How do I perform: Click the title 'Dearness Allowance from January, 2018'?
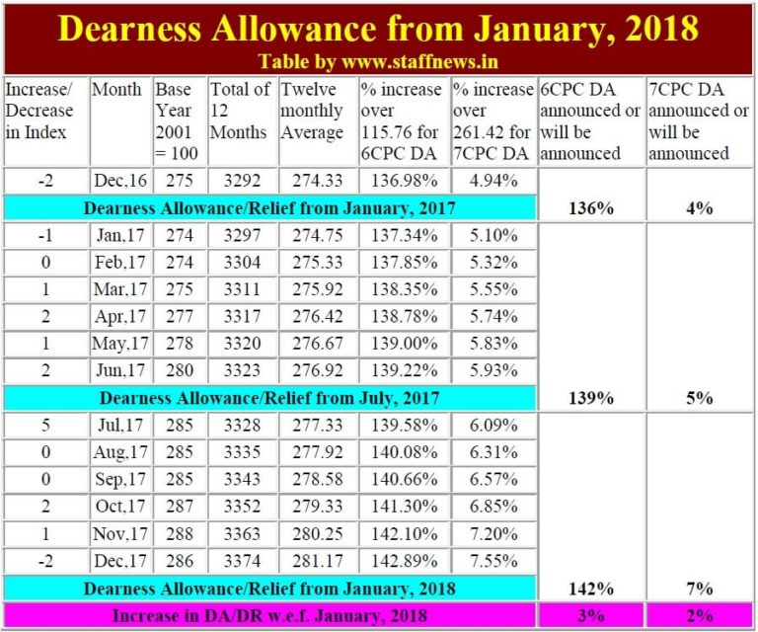pyautogui.click(x=379, y=27)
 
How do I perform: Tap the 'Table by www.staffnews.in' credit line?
pyautogui.click(x=378, y=61)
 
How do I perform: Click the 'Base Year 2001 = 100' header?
pyautogui.click(x=178, y=121)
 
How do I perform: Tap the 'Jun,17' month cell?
pyautogui.click(x=121, y=371)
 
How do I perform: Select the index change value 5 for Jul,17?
pyautogui.click(x=46, y=428)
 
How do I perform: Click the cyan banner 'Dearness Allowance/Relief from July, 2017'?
pyautogui.click(x=269, y=398)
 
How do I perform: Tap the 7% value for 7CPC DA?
pyautogui.click(x=700, y=589)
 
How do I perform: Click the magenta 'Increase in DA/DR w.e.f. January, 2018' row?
pyautogui.click(x=269, y=614)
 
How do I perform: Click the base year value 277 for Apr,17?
pyautogui.click(x=178, y=318)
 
